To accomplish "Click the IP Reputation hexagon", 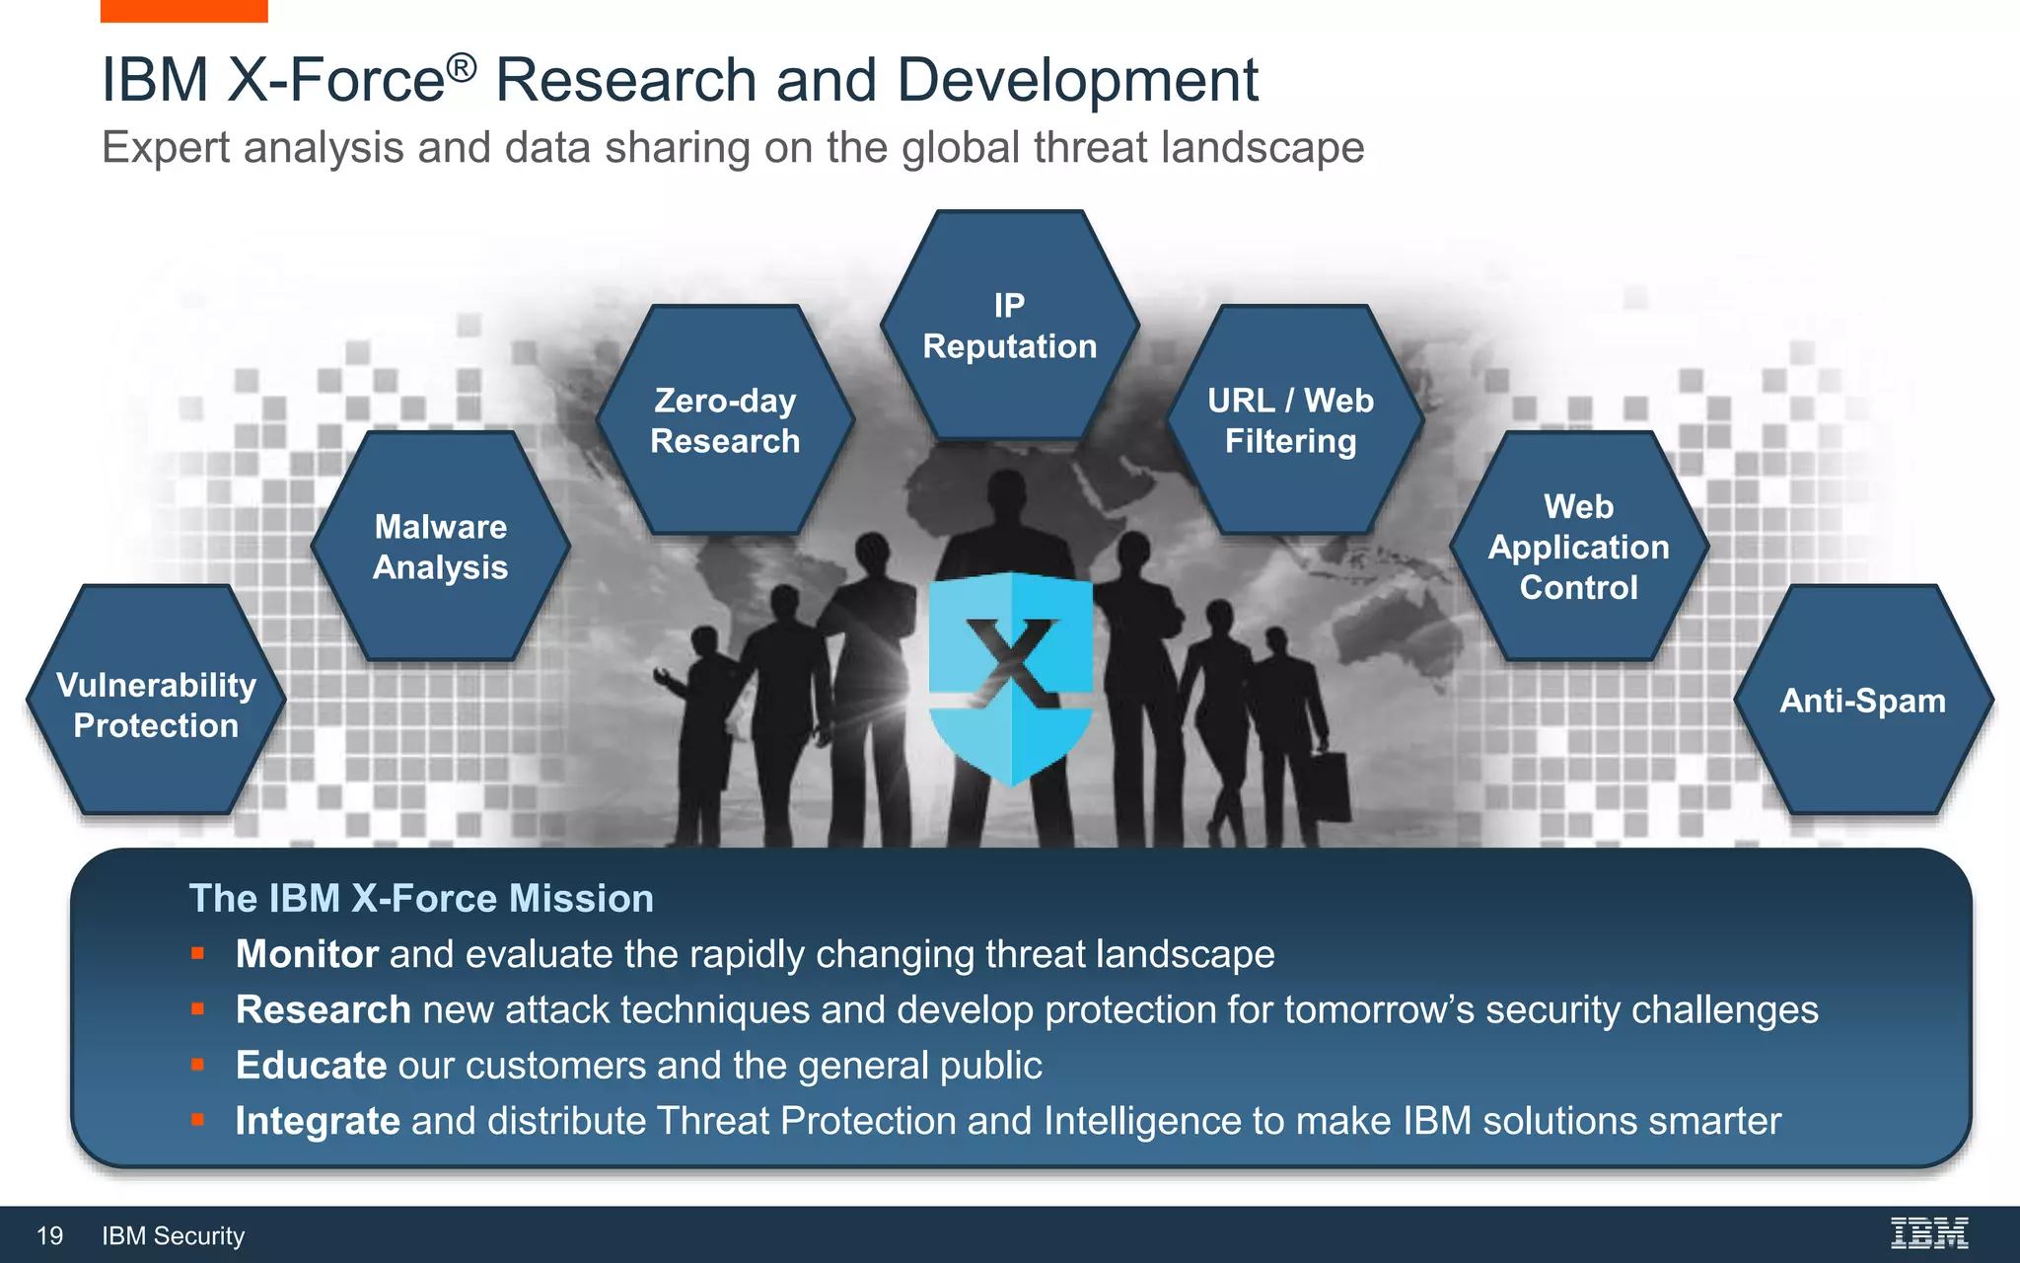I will pos(1009,326).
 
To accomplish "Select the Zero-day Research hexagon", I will pos(725,420).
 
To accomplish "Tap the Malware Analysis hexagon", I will pos(441,547).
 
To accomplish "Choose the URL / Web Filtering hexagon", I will pos(1292,420).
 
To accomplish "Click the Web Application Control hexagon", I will pos(1578,547).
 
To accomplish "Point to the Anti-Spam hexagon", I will pos(1863,701).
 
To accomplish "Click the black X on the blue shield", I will pos(1012,661).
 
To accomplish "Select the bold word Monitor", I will pos(307,954).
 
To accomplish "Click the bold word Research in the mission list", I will pos(323,1009).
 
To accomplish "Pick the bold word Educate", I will pos(311,1066).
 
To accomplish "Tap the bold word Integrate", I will pos(318,1121).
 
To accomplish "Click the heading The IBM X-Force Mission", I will pos(421,898).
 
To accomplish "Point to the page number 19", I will pos(49,1235).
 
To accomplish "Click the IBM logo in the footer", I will pos(1928,1233).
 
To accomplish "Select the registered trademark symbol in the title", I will pos(462,67).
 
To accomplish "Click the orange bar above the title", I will pos(183,11).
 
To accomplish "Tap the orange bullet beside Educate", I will pos(197,1065).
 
